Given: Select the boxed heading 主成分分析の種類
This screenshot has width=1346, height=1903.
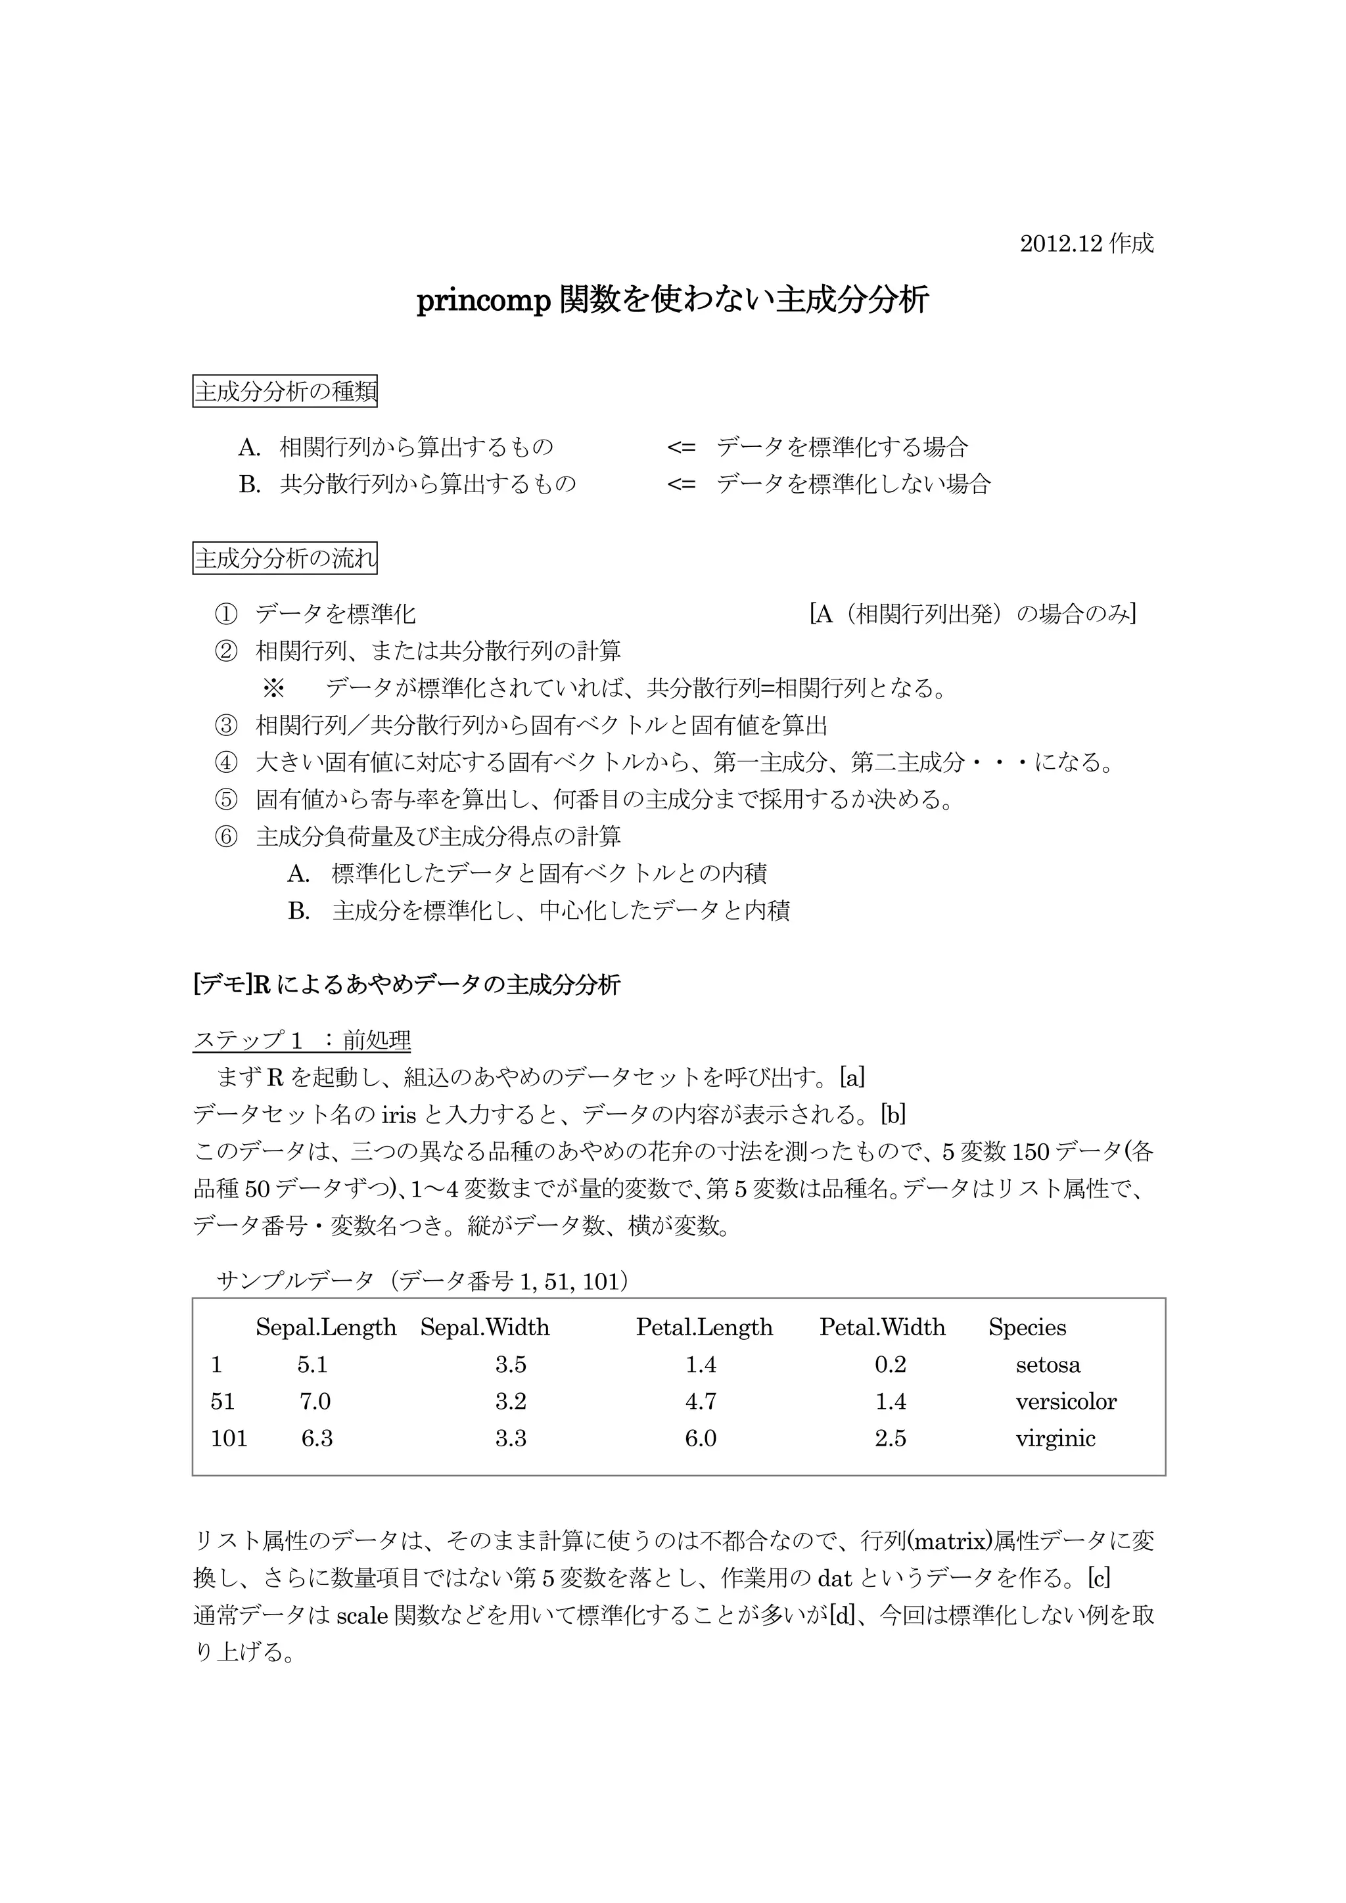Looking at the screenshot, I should click(285, 391).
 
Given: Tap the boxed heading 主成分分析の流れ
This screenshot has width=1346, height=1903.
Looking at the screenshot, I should click(285, 559).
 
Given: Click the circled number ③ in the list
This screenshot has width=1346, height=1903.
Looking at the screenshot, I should click(225, 726).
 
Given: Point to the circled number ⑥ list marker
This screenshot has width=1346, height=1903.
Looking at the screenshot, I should click(225, 837).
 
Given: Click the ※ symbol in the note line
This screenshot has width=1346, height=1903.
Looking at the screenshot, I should click(273, 689).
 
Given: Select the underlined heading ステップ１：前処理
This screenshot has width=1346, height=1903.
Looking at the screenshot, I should click(302, 1041).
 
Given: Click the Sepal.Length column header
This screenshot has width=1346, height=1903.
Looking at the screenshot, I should click(326, 1327).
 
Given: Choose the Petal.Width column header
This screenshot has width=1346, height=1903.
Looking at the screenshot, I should click(882, 1327).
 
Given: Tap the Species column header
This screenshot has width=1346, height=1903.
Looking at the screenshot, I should click(1027, 1327).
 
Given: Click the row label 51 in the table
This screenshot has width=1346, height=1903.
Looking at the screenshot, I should click(223, 1402).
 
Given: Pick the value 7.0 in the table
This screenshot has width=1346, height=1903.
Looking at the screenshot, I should click(315, 1402).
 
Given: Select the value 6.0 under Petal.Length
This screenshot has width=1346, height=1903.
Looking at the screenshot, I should click(701, 1438).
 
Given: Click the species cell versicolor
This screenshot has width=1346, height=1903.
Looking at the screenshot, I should click(1066, 1402).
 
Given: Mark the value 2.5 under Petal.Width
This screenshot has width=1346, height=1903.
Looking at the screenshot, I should click(890, 1438).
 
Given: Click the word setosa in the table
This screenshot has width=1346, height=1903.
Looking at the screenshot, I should click(1048, 1365).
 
